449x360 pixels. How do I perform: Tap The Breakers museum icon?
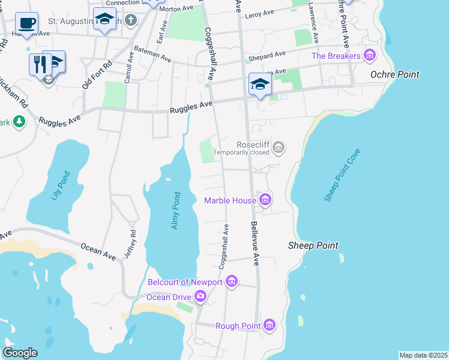(x=369, y=56)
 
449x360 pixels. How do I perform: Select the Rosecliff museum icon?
(x=278, y=146)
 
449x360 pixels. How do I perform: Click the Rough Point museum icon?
(x=270, y=326)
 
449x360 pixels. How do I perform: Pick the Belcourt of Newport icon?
(x=232, y=281)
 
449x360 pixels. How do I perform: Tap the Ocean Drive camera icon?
(x=200, y=296)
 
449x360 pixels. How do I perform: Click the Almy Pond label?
(x=176, y=210)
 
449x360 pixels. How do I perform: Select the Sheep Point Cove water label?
(x=342, y=175)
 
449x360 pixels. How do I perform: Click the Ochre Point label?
(x=394, y=74)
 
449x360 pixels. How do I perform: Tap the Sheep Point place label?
(x=313, y=245)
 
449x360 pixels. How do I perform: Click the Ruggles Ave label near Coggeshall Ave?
(x=191, y=107)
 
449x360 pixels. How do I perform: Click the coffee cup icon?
(x=26, y=23)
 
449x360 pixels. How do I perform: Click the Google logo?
(x=20, y=353)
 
